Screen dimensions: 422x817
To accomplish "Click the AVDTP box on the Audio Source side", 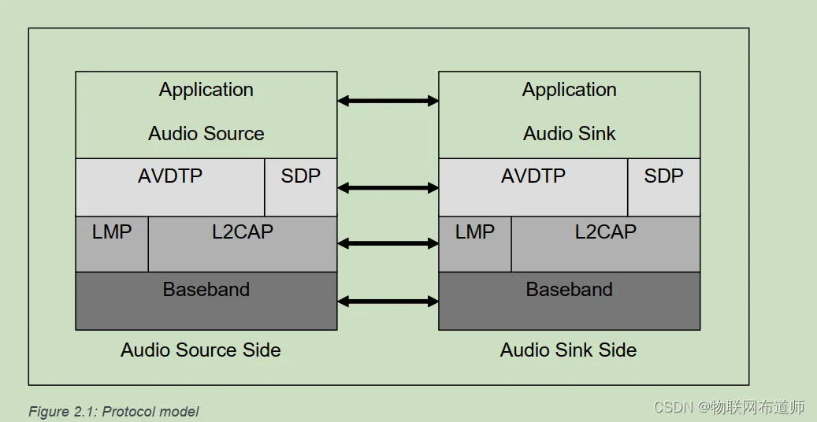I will click(170, 187).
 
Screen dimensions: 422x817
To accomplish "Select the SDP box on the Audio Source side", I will click(301, 187).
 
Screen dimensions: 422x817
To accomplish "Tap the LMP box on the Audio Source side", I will click(112, 243).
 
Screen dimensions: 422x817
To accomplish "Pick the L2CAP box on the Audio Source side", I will click(243, 243).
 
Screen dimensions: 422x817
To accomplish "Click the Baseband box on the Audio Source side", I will click(206, 300).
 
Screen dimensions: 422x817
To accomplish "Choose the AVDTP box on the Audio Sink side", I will click(533, 187).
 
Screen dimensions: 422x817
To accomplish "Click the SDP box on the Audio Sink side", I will click(664, 187).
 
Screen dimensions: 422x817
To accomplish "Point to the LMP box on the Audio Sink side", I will click(475, 243).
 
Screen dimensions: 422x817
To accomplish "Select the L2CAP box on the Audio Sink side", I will click(606, 243).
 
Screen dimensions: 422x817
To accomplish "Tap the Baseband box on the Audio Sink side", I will click(570, 300).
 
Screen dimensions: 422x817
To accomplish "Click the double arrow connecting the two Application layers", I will click(388, 101).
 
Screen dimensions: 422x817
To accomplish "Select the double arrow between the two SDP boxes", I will click(388, 187).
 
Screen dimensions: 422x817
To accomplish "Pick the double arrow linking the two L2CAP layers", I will click(388, 243).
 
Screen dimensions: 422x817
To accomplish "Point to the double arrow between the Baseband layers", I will click(388, 301).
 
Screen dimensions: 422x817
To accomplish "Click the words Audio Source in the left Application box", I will click(206, 134).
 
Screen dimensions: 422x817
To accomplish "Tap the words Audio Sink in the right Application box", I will click(570, 134).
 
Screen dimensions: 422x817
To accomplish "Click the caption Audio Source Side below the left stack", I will click(201, 350).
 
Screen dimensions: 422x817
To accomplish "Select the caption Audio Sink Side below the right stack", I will click(569, 350).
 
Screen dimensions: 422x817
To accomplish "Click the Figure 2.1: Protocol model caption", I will click(113, 412).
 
